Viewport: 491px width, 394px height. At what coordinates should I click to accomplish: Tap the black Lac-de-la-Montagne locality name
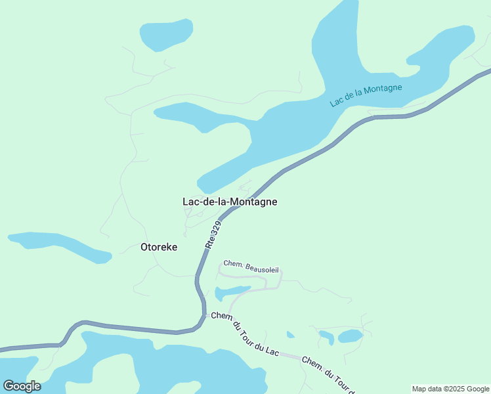[229, 202]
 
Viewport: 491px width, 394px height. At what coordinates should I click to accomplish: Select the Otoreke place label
[159, 248]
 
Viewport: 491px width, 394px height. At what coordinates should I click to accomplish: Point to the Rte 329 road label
[213, 234]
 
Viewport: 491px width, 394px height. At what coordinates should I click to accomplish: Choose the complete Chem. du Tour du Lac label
[245, 334]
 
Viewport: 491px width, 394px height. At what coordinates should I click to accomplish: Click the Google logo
[22, 386]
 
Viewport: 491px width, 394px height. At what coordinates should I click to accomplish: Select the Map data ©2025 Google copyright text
[450, 389]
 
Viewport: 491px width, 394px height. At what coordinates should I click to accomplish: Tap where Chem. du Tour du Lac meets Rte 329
[205, 315]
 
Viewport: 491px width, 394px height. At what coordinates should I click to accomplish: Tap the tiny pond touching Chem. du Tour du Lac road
[290, 335]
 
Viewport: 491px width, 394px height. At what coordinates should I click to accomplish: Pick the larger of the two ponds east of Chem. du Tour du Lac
[350, 336]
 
